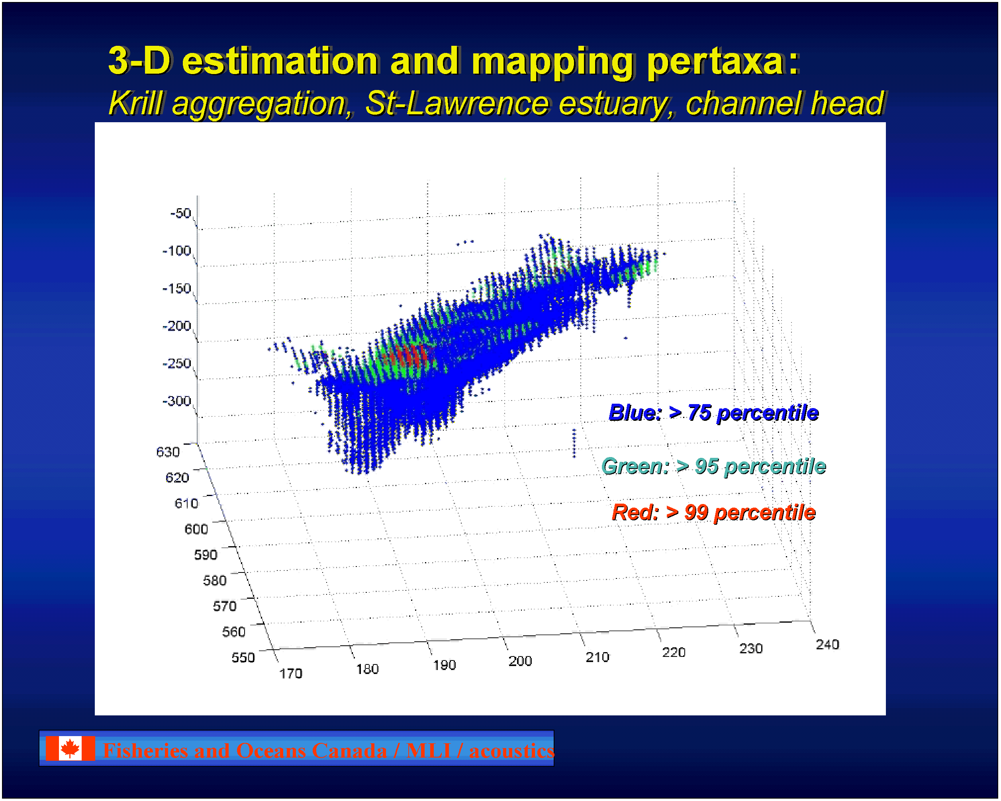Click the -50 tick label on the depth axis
tap(180, 213)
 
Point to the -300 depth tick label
tap(176, 401)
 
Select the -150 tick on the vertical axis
tap(176, 289)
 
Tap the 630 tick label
tap(168, 452)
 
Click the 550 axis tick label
tap(243, 658)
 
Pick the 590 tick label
tap(206, 555)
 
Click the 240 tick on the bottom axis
tap(828, 645)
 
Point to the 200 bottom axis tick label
tap(520, 661)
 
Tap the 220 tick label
tap(674, 653)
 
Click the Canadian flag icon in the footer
tap(70, 748)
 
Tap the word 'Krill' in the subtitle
tap(135, 104)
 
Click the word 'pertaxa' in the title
tap(715, 63)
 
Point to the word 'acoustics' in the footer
tap(511, 751)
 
